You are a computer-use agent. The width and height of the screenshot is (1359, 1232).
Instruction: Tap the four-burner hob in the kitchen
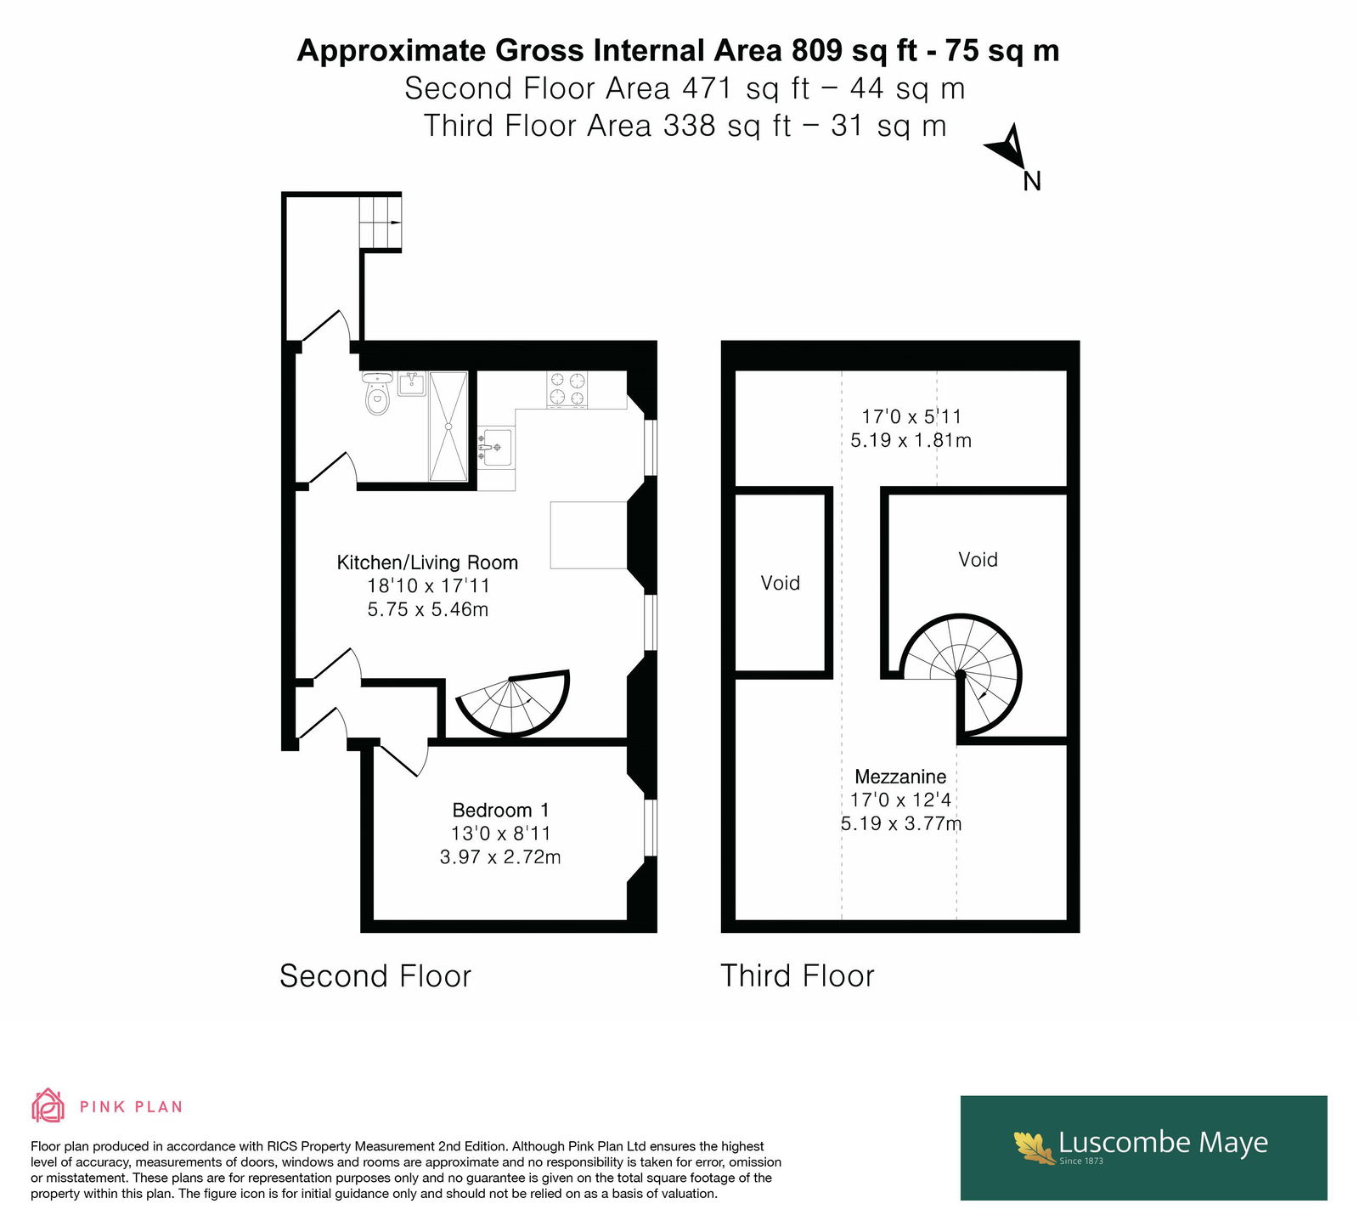(x=567, y=389)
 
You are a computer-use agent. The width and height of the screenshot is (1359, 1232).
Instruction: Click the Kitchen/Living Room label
(x=427, y=562)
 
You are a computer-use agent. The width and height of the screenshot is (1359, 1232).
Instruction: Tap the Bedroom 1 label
(x=500, y=811)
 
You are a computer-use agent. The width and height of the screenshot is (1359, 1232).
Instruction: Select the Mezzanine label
(x=900, y=777)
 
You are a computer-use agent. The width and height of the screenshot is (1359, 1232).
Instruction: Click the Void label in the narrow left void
(x=781, y=583)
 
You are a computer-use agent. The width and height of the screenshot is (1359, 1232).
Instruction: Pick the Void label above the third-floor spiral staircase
(x=978, y=559)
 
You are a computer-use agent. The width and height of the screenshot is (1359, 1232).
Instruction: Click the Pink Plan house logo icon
(x=48, y=1105)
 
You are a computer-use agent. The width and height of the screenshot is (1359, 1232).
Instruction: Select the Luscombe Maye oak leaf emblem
(x=1034, y=1146)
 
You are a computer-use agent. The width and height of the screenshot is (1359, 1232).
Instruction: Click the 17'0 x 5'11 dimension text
(x=911, y=416)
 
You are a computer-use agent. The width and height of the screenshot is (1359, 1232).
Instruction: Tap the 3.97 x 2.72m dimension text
(x=500, y=857)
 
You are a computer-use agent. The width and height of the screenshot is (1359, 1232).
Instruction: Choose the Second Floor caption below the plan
(x=375, y=976)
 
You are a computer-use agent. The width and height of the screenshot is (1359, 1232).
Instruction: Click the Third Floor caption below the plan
(x=798, y=976)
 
